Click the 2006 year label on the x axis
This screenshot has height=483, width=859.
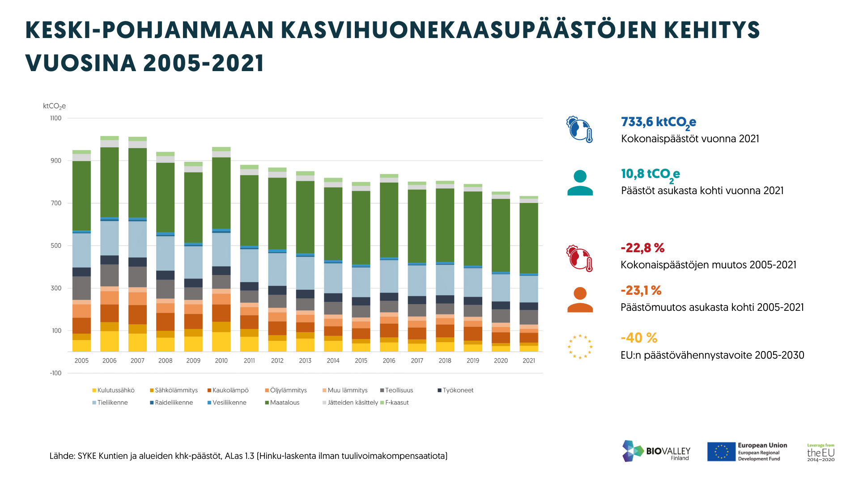point(109,360)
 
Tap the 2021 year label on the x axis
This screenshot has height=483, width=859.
point(529,360)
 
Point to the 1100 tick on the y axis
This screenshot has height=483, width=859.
point(56,118)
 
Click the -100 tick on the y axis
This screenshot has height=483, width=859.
point(56,373)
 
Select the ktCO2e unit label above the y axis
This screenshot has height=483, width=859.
point(54,106)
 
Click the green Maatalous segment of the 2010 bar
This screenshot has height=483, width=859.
point(221,193)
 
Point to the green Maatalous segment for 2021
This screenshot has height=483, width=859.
point(529,238)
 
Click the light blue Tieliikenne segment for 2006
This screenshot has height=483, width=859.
point(109,238)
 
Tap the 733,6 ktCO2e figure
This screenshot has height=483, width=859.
point(658,122)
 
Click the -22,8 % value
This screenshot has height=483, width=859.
point(642,248)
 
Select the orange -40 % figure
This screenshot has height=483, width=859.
point(639,338)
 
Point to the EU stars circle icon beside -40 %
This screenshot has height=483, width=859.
point(580,347)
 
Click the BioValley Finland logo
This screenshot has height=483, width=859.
point(656,451)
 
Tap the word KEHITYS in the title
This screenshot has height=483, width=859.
point(712,30)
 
